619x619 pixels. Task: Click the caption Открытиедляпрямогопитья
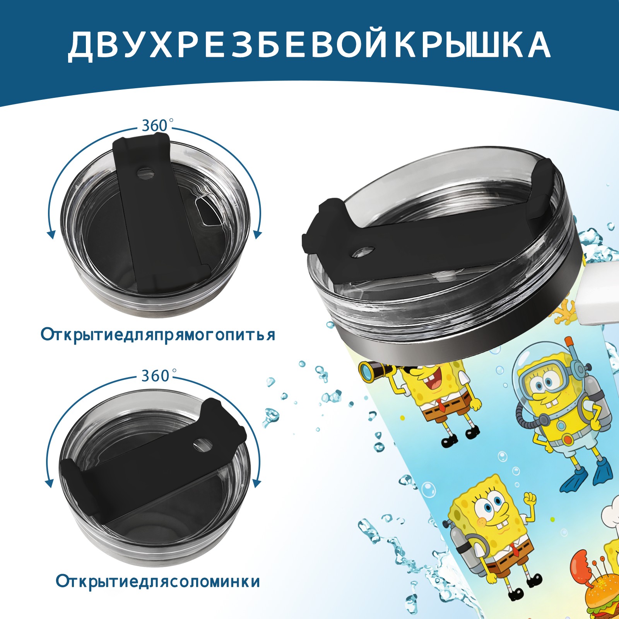(158, 334)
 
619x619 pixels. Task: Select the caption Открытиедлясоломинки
(158, 581)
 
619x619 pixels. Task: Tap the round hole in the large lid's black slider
(364, 251)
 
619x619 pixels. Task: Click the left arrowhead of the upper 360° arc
(51, 234)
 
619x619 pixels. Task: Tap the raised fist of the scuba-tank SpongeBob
(530, 499)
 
